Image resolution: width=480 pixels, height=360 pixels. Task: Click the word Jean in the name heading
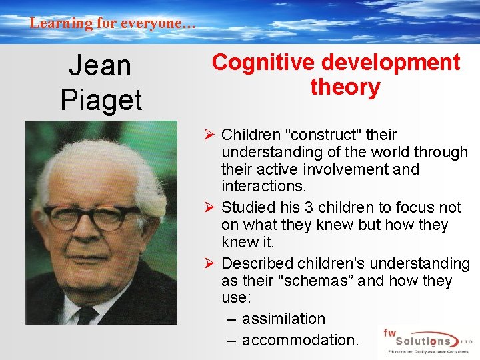point(101,66)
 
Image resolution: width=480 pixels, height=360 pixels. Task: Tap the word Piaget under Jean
point(101,100)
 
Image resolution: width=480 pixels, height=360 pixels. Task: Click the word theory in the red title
point(345,87)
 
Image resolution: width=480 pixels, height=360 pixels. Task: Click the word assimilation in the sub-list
point(283,319)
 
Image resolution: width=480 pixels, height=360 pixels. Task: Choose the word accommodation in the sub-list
point(300,340)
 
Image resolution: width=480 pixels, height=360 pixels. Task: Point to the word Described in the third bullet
point(256,263)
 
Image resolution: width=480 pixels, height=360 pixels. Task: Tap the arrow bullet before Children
point(210,135)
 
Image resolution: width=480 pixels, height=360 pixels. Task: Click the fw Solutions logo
point(425,340)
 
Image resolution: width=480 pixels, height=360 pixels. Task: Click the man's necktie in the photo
point(87,313)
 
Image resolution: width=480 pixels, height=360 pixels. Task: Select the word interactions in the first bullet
point(263,187)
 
